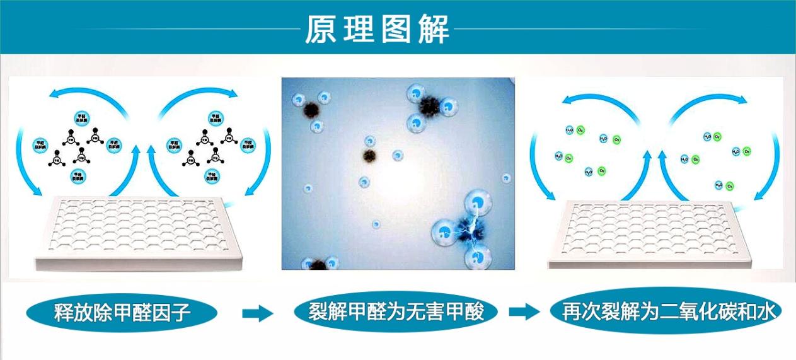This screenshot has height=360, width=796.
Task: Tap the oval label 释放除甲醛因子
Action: [x=122, y=312]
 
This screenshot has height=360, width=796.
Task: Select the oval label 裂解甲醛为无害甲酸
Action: [x=396, y=311]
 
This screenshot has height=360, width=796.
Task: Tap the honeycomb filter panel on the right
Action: [x=659, y=233]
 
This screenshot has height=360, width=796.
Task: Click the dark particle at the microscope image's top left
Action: [x=310, y=110]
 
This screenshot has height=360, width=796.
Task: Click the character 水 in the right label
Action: [x=769, y=311]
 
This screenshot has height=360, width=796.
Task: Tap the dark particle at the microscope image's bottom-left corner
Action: [x=316, y=264]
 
